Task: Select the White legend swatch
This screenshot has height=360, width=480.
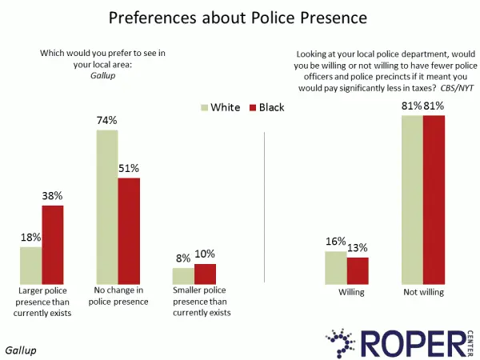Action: [x=204, y=107]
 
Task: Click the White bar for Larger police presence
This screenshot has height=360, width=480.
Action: [x=30, y=264]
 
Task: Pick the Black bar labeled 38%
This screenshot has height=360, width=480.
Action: [x=53, y=243]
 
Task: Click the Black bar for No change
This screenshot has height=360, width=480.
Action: [x=129, y=230]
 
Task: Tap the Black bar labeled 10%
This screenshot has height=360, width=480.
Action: [x=205, y=273]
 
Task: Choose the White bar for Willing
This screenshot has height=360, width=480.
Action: [x=335, y=266]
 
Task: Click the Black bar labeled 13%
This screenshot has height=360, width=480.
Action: [x=357, y=270]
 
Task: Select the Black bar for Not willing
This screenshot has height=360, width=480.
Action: [x=433, y=199]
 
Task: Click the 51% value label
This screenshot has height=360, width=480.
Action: [x=130, y=169]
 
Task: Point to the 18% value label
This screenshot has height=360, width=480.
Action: [x=31, y=238]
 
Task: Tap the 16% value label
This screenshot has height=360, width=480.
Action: [x=334, y=242]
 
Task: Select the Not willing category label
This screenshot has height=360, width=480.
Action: [x=424, y=292]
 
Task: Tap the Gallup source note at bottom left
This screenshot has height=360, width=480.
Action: [x=21, y=350]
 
